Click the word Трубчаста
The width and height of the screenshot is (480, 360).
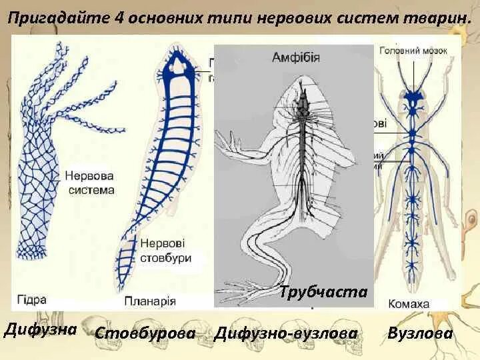(x=323, y=291)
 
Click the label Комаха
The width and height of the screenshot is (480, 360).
(x=410, y=303)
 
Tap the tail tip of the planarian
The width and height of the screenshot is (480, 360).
(x=123, y=280)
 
